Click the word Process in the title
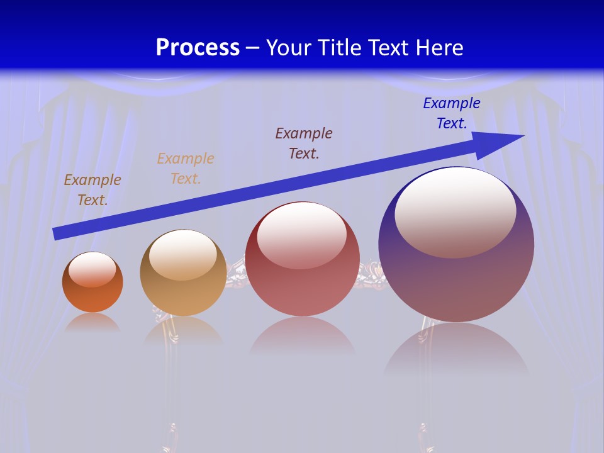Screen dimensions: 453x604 198,48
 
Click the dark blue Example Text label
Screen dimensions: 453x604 451,113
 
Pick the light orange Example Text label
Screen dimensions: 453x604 186,169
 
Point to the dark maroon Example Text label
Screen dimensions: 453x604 304,143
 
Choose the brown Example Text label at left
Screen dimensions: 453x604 92,190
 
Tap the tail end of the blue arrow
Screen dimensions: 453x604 58,233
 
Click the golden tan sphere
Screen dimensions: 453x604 183,296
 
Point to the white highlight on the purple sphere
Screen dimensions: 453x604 456,213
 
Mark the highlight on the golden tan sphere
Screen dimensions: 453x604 183,255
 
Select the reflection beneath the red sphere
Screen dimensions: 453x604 303,340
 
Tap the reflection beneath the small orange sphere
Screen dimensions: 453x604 92,323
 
